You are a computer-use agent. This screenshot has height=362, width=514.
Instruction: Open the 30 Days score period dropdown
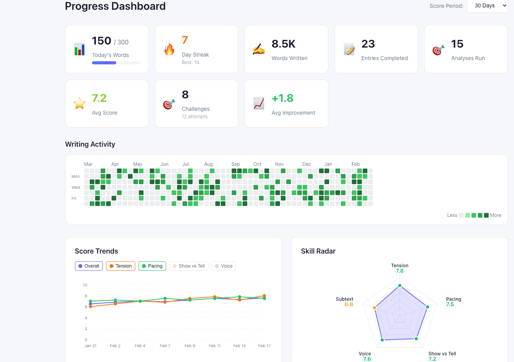487,6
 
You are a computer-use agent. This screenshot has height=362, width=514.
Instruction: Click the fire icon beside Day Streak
169,49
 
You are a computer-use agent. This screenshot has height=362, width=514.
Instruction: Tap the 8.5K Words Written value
284,44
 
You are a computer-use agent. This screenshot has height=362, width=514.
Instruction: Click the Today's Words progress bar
116,63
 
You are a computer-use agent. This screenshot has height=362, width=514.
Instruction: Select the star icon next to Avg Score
80,103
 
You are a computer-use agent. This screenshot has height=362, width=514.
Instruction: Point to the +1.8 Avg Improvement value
282,98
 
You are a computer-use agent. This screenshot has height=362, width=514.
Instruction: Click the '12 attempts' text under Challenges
195,117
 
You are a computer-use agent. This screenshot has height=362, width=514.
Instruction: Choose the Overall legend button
89,266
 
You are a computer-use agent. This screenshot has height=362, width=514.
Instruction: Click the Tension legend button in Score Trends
121,266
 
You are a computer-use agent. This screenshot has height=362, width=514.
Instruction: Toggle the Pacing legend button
152,266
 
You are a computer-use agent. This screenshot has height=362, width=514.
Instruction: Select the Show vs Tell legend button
189,266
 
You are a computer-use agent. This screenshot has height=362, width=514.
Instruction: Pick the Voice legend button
223,266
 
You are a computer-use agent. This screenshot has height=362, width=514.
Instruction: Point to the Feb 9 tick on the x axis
190,346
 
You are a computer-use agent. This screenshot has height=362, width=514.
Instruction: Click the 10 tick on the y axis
85,285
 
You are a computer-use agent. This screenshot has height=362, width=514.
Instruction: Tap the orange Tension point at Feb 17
264,296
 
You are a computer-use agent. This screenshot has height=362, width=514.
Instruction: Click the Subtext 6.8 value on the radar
349,305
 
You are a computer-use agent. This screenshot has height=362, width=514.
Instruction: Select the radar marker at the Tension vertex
400,286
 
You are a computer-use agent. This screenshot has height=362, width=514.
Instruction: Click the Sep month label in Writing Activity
236,164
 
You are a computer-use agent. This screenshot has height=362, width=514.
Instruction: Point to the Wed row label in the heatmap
76,188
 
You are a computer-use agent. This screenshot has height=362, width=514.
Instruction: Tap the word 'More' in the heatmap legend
496,215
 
